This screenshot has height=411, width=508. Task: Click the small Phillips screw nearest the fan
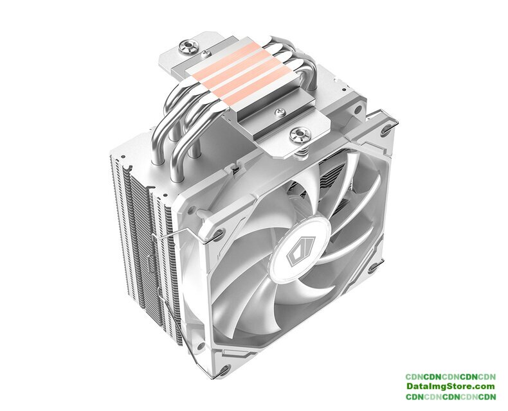280,112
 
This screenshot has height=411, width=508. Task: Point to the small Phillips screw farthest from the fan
204,53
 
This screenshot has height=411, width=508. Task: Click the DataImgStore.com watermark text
451,386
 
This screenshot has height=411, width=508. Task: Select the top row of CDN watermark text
451,377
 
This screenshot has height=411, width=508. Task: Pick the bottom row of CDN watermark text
451,396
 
